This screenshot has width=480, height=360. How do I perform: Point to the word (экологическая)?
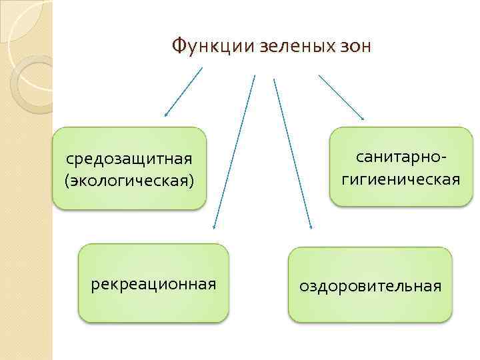pos(129,181)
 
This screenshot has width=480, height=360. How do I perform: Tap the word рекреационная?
pos(153,285)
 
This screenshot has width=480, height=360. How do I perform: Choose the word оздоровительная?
pos(370,286)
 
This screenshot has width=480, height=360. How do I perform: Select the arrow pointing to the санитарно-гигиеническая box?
pos(341,97)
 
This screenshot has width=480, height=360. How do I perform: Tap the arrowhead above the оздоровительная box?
pos(310,227)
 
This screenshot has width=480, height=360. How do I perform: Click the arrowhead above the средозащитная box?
pos(166,115)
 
